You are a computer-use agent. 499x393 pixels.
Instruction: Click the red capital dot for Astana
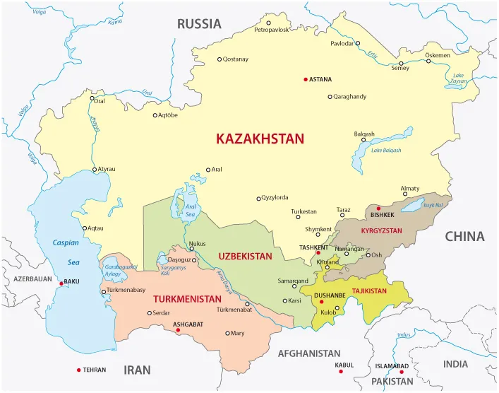(x=306, y=79)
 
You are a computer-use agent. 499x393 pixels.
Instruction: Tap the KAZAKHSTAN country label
(x=260, y=139)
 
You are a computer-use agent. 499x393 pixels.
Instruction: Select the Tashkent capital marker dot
(x=318, y=252)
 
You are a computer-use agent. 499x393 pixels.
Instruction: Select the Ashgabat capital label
(x=188, y=324)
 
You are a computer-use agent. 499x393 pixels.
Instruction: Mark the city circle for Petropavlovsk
(x=265, y=22)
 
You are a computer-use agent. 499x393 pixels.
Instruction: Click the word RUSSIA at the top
(x=199, y=24)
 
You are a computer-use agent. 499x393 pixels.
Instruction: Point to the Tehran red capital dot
(x=78, y=370)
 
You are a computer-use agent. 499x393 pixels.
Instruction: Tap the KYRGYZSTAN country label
(x=381, y=231)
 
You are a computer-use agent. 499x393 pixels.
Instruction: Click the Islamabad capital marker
(x=401, y=372)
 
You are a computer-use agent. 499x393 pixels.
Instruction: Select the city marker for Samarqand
(x=294, y=286)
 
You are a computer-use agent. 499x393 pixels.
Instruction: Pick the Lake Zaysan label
(x=459, y=78)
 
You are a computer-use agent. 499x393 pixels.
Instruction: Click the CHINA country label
(x=464, y=237)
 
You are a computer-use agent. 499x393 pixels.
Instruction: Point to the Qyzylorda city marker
(x=259, y=198)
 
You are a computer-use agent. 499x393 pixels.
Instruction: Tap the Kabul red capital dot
(x=340, y=371)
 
